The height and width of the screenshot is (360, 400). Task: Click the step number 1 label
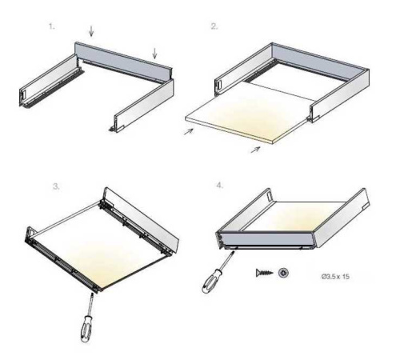pos(52,26)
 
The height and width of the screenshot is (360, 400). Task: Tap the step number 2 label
pos(214,26)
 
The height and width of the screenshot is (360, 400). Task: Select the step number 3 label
pos(56,186)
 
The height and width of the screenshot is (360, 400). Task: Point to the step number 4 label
pos(219,185)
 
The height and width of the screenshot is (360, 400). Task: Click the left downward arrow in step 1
pos(91,31)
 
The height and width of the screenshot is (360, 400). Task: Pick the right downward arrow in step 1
pos(154,53)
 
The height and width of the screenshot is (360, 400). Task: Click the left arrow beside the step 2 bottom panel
pos(189,131)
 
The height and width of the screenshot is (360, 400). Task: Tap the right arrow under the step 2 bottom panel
pos(255,150)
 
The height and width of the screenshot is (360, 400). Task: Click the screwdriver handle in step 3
pos(86,329)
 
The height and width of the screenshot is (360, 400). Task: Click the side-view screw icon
pos(264,273)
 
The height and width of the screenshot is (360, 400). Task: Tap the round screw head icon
pos(283,273)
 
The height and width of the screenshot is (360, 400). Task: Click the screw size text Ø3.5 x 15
pos(335,277)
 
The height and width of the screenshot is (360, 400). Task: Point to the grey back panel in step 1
pos(123,62)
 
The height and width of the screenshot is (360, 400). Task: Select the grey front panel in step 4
pos(266,239)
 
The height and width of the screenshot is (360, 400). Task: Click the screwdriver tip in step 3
pos(92,294)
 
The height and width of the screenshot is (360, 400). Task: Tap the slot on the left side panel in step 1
pos(23,94)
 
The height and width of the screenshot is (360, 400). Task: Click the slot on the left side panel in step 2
pos(220,84)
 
